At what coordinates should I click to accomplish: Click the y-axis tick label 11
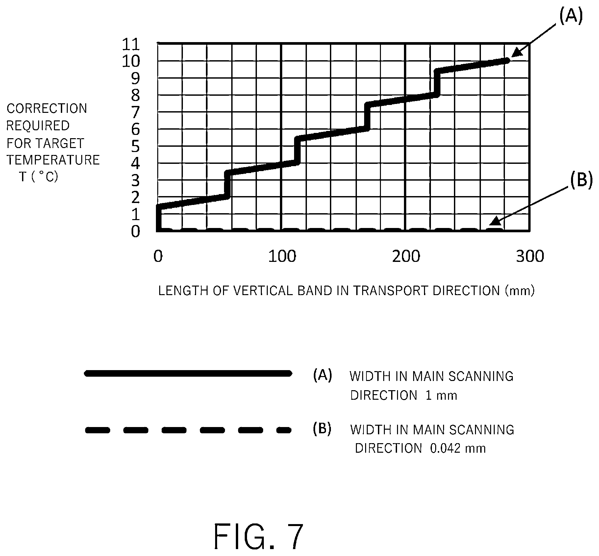click(131, 44)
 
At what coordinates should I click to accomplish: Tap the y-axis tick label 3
click(136, 180)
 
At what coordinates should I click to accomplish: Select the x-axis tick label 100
click(282, 256)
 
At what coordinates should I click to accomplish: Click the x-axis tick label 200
click(406, 256)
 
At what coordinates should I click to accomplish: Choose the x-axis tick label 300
click(530, 256)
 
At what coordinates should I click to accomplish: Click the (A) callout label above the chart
click(571, 16)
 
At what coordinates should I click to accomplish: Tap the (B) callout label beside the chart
click(581, 180)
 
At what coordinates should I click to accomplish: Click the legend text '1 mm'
click(441, 395)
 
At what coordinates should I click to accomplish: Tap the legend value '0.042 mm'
click(458, 448)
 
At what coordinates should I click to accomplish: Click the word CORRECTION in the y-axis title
click(47, 109)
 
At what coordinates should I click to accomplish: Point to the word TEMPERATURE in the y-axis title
click(53, 160)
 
